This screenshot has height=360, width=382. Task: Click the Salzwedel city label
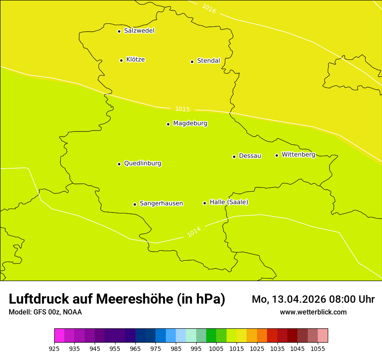[x=139, y=31]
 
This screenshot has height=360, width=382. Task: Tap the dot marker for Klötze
[x=121, y=60]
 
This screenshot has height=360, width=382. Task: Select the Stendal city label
[x=208, y=61]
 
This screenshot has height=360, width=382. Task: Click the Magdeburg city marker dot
[x=168, y=124]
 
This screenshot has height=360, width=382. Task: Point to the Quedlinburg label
[x=142, y=164]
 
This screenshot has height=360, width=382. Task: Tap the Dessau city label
[x=250, y=156]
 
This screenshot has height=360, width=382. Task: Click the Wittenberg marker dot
[x=277, y=155]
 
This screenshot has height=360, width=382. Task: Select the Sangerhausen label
[x=161, y=203]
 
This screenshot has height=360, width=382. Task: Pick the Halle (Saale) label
[x=229, y=202]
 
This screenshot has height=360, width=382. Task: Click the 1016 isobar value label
[x=209, y=8]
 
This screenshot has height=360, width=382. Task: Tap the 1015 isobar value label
[x=182, y=109]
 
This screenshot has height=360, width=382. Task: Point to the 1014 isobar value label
[x=194, y=232]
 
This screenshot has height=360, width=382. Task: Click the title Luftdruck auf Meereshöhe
[x=117, y=299]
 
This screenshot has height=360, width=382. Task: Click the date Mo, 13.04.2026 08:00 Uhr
[x=313, y=299]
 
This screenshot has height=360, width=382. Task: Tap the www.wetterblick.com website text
[x=313, y=312]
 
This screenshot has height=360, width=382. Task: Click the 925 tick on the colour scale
[x=54, y=348]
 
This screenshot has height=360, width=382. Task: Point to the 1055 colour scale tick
[x=318, y=348]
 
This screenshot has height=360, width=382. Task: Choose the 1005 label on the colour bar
[x=217, y=348]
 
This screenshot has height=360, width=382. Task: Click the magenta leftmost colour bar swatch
[x=59, y=336]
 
